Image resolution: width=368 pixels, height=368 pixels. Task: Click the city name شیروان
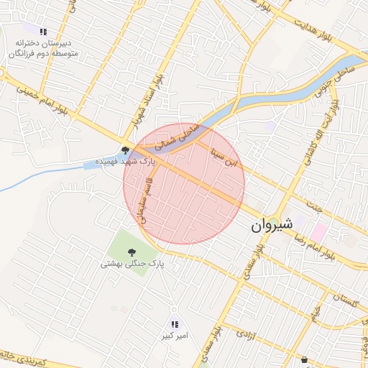click(x=272, y=224)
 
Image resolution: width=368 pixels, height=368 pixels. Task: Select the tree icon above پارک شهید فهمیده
click(x=126, y=150)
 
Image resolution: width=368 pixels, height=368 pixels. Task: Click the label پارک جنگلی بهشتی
click(x=132, y=264)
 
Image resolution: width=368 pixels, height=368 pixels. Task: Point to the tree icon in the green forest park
click(x=132, y=252)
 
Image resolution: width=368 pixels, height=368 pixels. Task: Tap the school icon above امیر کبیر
click(x=174, y=325)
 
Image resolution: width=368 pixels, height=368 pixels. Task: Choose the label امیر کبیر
click(x=173, y=336)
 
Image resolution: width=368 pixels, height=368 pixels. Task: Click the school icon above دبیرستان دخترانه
click(x=43, y=32)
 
